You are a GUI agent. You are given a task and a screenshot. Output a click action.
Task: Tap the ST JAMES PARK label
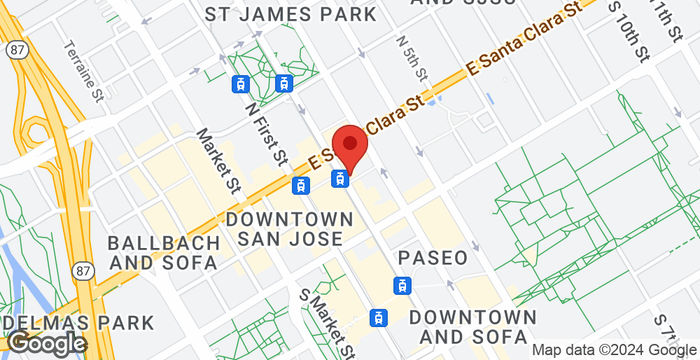click(x=291, y=15)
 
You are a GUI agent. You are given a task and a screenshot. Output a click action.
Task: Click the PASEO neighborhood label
click(x=433, y=258)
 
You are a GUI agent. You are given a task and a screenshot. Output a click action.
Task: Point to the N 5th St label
click(x=412, y=61)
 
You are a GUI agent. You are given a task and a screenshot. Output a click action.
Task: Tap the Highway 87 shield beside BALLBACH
click(x=84, y=270)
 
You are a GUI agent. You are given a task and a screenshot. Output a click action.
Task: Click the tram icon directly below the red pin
click(x=341, y=180)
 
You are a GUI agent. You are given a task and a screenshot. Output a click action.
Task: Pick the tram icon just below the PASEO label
click(x=402, y=285)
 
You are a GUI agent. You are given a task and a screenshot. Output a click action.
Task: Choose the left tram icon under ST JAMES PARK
click(x=241, y=84)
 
